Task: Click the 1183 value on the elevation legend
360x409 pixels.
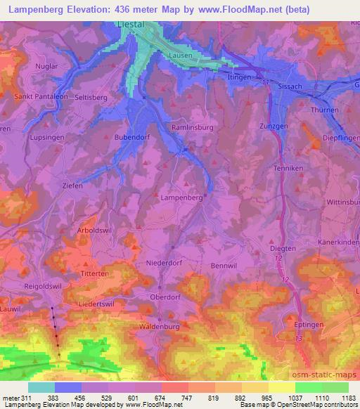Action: tap(348, 397)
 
